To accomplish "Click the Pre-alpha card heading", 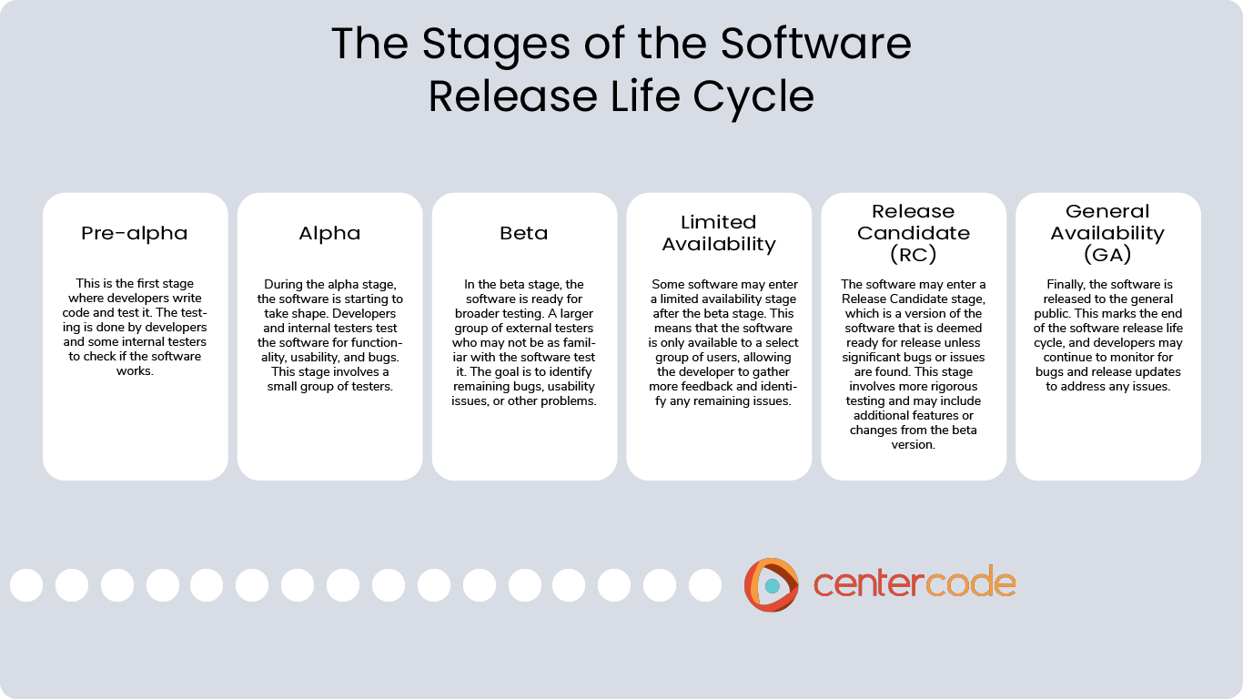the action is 135,233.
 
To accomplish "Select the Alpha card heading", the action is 329,233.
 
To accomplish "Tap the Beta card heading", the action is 524,233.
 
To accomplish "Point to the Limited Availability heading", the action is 719,233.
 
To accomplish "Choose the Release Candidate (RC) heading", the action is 914,233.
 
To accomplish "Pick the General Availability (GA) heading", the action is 1107,233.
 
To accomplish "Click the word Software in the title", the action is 815,43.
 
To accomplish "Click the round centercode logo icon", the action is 772,584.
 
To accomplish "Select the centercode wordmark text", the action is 915,582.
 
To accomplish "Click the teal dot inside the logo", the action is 772,585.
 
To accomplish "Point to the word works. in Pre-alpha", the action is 135,370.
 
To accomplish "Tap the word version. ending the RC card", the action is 914,445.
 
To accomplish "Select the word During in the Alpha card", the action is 280,284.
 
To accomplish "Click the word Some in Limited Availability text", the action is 668,284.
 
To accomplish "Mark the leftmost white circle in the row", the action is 26,585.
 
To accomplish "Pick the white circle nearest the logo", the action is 705,585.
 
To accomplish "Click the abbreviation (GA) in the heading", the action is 1107,255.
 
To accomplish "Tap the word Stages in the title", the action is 496,45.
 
